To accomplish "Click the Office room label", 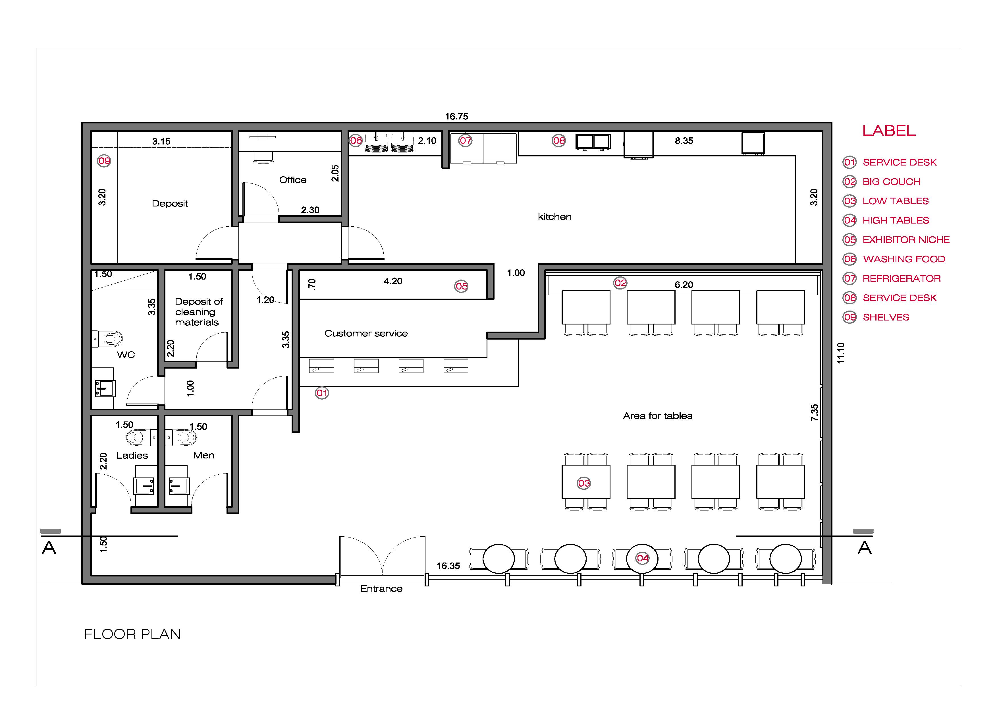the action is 293,180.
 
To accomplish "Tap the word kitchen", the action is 554,217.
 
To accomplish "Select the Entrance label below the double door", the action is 381,589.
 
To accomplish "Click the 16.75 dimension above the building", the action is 456,116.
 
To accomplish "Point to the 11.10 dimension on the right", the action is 841,353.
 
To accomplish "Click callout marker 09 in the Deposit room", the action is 104,161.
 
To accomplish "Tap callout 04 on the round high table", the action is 643,558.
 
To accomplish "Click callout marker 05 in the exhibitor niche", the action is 461,286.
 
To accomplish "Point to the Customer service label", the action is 366,334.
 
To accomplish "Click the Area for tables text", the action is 657,416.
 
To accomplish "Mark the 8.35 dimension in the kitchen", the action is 684,141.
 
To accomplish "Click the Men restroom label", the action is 204,455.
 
